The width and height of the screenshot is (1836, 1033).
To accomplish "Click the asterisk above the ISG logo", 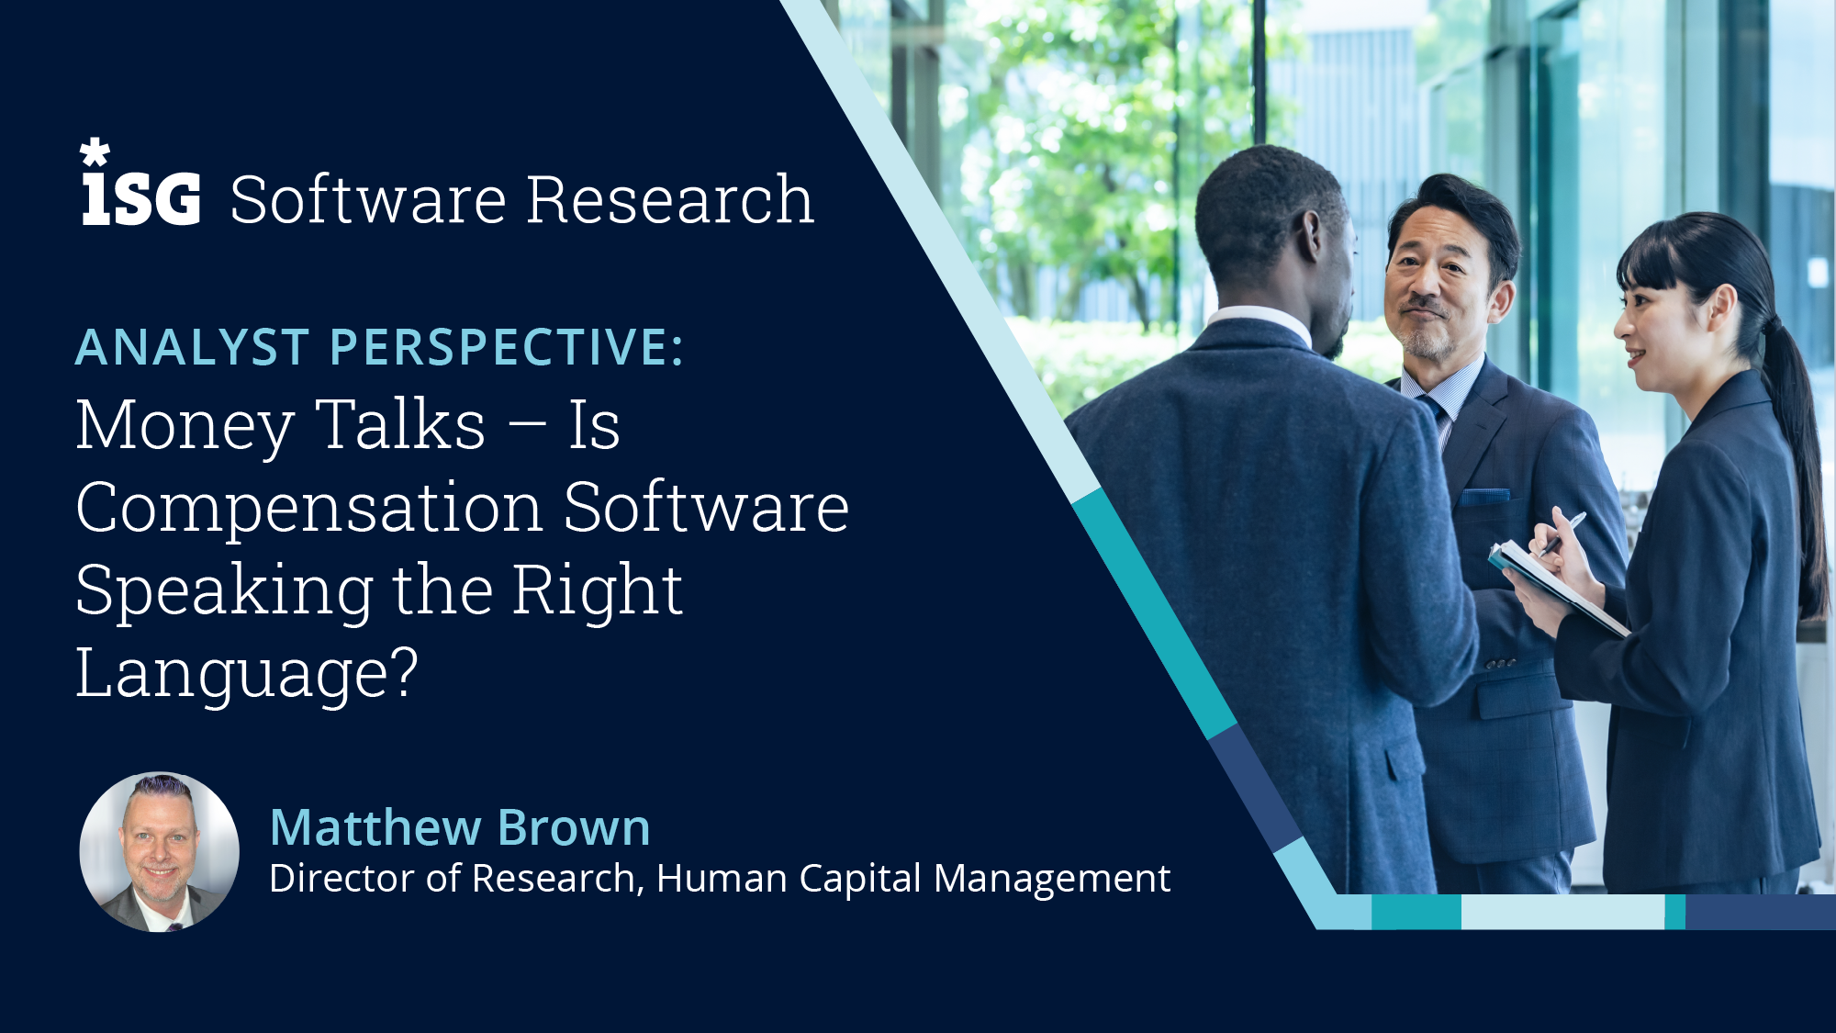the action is click(x=95, y=152).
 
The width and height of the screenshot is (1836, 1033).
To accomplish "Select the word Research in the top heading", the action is click(x=670, y=200).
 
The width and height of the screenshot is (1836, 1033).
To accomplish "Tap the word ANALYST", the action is click(x=192, y=348).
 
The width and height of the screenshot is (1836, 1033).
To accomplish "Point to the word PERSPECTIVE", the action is click(x=506, y=348).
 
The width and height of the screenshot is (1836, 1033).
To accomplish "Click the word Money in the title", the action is click(x=185, y=427).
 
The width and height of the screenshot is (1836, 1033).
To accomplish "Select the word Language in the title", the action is click(x=247, y=675).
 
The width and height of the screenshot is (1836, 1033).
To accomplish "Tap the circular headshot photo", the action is click(x=160, y=851).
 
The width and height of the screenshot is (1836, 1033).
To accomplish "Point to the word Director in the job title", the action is click(x=341, y=879).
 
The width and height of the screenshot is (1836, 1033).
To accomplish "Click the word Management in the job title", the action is click(x=1052, y=880).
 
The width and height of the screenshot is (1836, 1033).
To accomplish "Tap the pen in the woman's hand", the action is click(x=1562, y=533).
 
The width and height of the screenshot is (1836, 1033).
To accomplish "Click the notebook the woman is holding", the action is click(x=1556, y=588).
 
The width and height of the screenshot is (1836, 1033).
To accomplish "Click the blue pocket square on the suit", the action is click(x=1484, y=497).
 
